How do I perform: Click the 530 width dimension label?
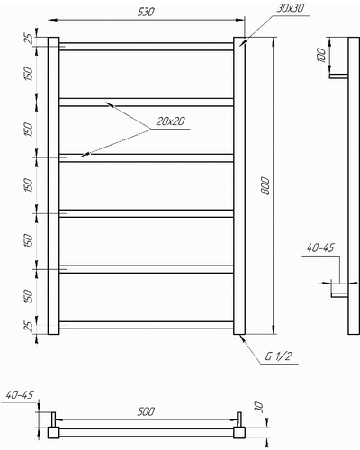(x=146, y=12)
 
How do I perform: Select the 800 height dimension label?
(x=266, y=186)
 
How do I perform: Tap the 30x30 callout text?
(x=290, y=8)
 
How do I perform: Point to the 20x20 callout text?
(x=170, y=121)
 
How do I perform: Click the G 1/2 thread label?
(x=278, y=356)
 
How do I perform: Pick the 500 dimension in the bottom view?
(x=146, y=411)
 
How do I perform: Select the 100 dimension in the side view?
(x=321, y=55)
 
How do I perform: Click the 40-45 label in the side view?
(x=320, y=247)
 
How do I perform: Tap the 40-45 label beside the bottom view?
(x=20, y=395)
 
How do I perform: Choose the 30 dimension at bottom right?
(x=258, y=408)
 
